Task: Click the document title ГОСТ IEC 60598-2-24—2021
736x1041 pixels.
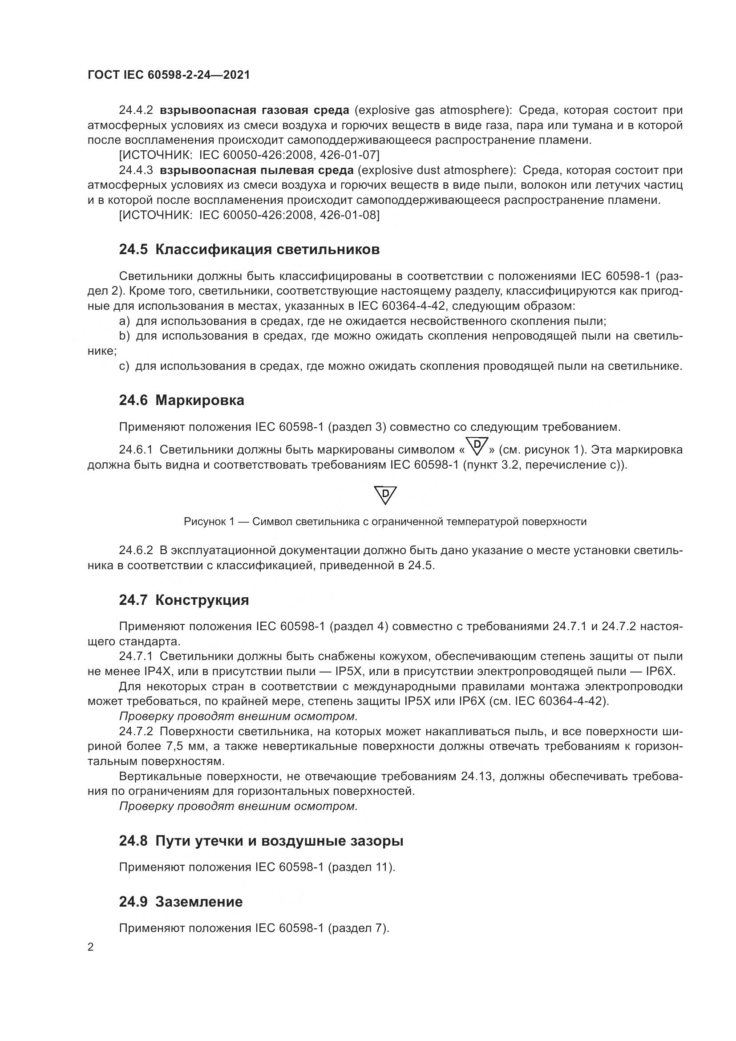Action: point(169,75)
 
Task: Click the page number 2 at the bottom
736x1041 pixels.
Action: point(91,947)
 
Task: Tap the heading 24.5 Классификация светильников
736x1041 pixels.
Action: point(249,249)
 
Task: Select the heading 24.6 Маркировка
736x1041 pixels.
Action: point(181,401)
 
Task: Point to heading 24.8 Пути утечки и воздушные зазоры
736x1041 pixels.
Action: point(261,841)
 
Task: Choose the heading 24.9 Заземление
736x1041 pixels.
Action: point(181,902)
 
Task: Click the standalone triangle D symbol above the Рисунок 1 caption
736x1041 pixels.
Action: point(385,495)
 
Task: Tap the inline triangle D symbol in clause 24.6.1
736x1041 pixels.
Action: point(477,446)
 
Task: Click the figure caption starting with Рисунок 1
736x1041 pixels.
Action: point(385,522)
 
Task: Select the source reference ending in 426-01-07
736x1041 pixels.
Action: point(249,155)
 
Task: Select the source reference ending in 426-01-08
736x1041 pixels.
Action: point(249,215)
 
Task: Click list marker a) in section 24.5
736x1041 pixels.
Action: point(124,321)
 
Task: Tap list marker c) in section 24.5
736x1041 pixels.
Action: point(124,366)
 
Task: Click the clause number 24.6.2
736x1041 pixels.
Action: point(136,551)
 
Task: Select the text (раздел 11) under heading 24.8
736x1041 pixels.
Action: point(361,867)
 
